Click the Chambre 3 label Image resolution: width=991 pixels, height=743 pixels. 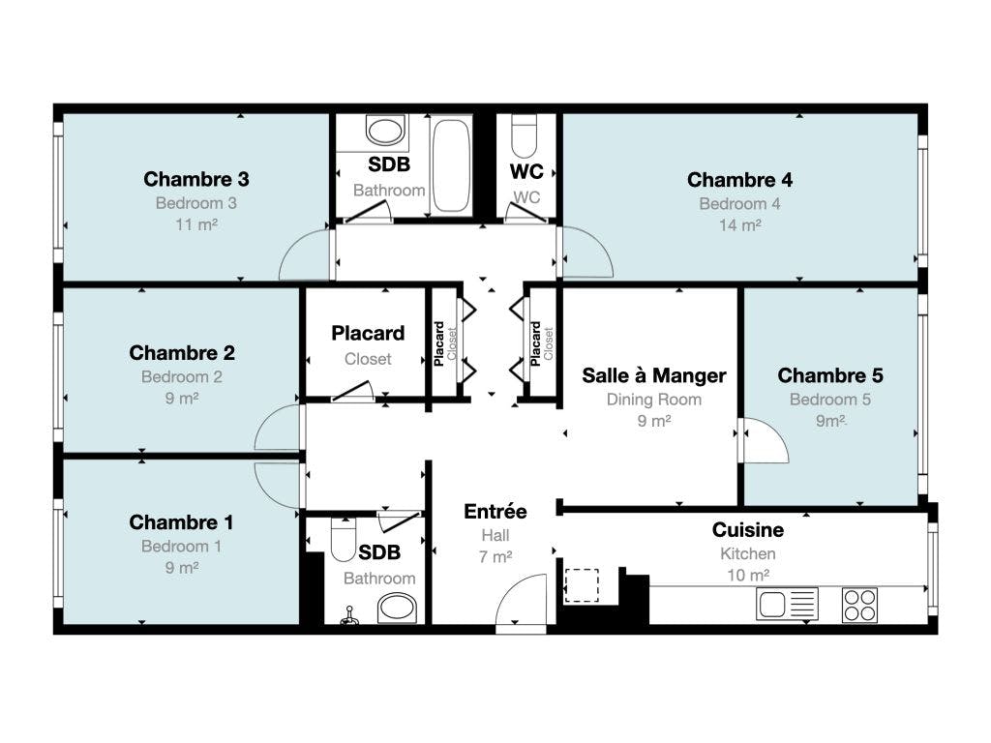pyautogui.click(x=195, y=179)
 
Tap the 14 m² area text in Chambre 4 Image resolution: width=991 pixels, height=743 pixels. pyautogui.click(x=739, y=224)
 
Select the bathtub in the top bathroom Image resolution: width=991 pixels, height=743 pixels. pyautogui.click(x=451, y=165)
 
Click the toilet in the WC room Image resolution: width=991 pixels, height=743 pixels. pyautogui.click(x=524, y=135)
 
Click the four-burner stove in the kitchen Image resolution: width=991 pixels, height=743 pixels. pyautogui.click(x=859, y=605)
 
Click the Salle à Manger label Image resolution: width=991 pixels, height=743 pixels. pyautogui.click(x=653, y=375)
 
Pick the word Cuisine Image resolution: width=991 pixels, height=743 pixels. pyautogui.click(x=748, y=529)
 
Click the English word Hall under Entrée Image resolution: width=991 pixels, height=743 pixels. pyautogui.click(x=495, y=536)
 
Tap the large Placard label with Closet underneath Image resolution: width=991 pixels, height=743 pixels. pyautogui.click(x=368, y=333)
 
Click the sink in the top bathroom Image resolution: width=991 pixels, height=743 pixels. pyautogui.click(x=385, y=131)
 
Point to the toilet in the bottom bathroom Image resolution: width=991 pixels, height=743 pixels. pyautogui.click(x=344, y=539)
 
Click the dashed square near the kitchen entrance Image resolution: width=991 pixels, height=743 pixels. pyautogui.click(x=582, y=585)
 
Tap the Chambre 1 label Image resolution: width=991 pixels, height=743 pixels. pyautogui.click(x=181, y=522)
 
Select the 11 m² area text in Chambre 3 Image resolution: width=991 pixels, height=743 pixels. pyautogui.click(x=195, y=224)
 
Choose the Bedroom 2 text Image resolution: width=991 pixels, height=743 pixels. pyautogui.click(x=181, y=377)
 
